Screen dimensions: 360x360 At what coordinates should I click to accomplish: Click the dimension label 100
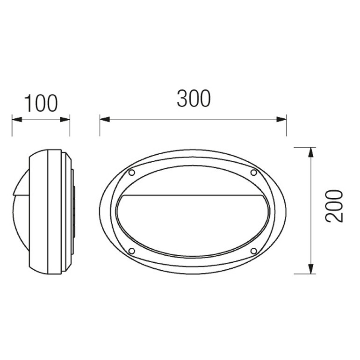41,103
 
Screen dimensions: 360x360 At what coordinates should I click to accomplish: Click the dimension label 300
194,99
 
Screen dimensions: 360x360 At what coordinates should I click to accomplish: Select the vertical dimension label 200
334,206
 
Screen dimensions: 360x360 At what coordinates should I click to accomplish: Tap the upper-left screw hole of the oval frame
131,173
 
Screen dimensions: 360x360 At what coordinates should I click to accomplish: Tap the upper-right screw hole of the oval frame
253,173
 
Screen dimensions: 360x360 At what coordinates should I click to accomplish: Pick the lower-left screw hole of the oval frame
131,251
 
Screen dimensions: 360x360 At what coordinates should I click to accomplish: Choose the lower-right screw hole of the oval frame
253,251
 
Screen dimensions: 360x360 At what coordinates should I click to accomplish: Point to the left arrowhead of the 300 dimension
105,119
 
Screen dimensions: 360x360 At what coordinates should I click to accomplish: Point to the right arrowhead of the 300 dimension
281,119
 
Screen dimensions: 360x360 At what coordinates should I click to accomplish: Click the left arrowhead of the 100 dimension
17,119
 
